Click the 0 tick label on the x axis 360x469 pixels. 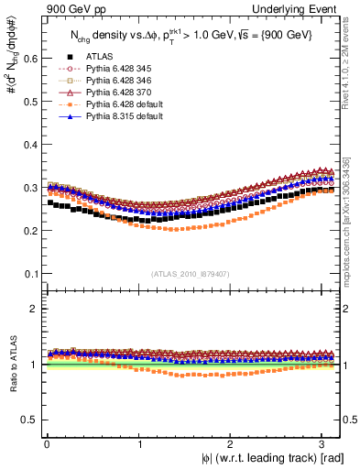(47, 443)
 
